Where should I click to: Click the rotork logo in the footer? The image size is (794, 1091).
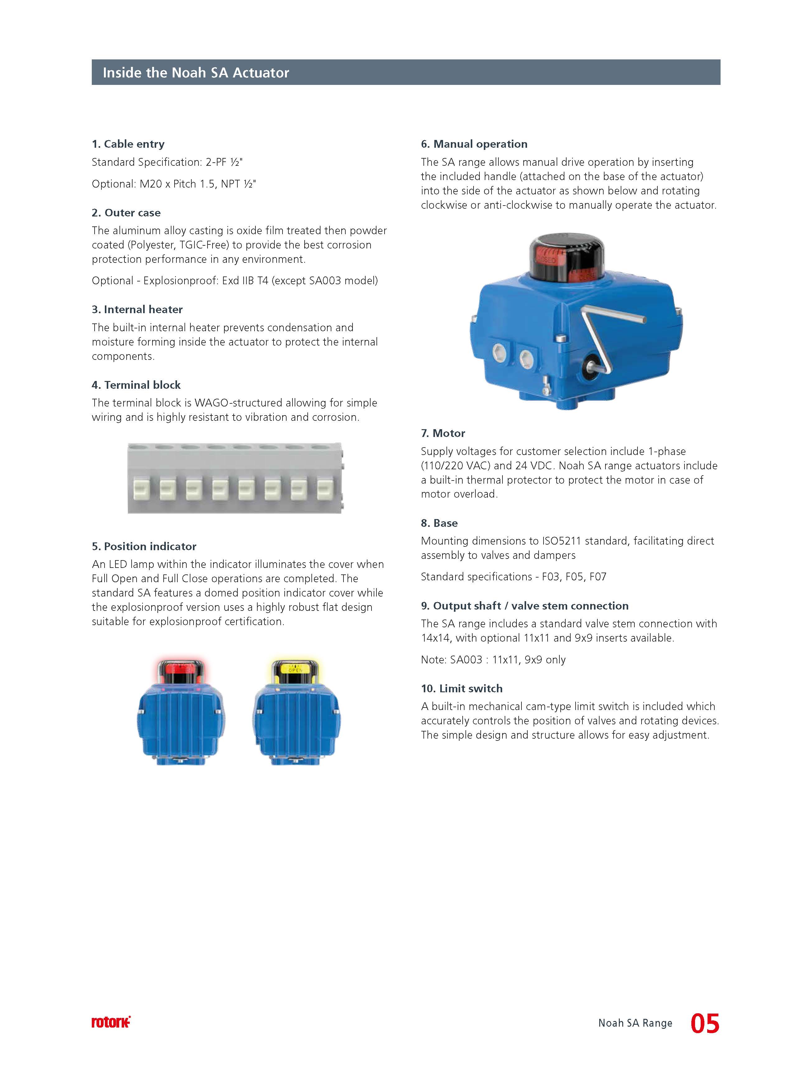tap(111, 1022)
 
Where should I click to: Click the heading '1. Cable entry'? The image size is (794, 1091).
tap(128, 144)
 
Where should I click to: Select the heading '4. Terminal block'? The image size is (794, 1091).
tap(136, 385)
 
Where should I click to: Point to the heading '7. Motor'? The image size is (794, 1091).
tap(443, 433)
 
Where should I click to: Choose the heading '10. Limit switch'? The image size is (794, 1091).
tap(461, 688)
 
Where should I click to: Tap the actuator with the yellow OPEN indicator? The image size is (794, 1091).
tap(296, 712)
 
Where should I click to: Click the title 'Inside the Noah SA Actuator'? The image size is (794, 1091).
tap(196, 73)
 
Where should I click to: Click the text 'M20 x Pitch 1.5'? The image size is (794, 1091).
tap(177, 184)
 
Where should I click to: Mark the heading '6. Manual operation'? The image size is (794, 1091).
tap(474, 144)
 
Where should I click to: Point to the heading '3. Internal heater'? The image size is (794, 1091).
tap(137, 309)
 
